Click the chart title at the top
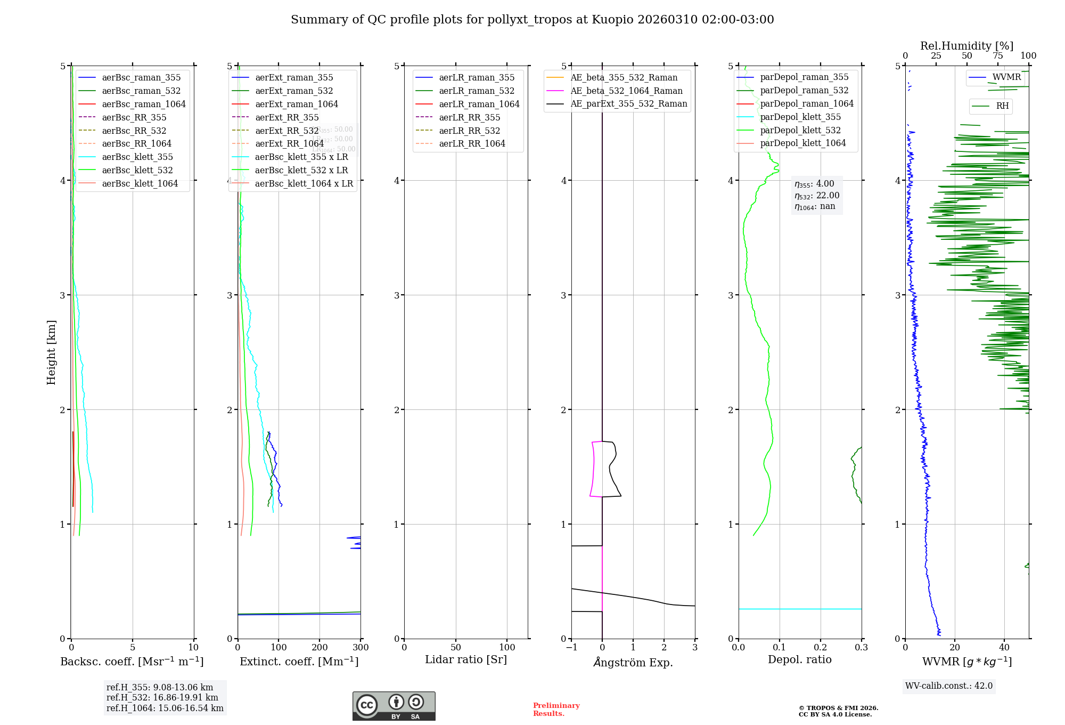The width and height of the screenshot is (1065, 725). (532, 20)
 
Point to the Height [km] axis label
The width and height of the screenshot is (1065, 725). (51, 352)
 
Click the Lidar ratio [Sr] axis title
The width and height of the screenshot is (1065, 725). (466, 659)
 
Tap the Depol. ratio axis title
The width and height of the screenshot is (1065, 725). (799, 659)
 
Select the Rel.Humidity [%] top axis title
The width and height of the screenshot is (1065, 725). (966, 46)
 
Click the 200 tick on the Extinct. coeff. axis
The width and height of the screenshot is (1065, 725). (319, 647)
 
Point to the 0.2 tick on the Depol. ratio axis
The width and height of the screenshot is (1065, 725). (821, 647)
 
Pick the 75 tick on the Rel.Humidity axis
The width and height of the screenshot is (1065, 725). (997, 55)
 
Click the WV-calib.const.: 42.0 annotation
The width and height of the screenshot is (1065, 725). (949, 686)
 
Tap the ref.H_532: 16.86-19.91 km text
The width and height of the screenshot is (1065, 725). (162, 697)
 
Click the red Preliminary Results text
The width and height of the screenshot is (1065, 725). (556, 709)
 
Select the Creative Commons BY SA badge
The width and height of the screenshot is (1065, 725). (394, 706)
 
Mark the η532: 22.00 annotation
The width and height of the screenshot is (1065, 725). (817, 196)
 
